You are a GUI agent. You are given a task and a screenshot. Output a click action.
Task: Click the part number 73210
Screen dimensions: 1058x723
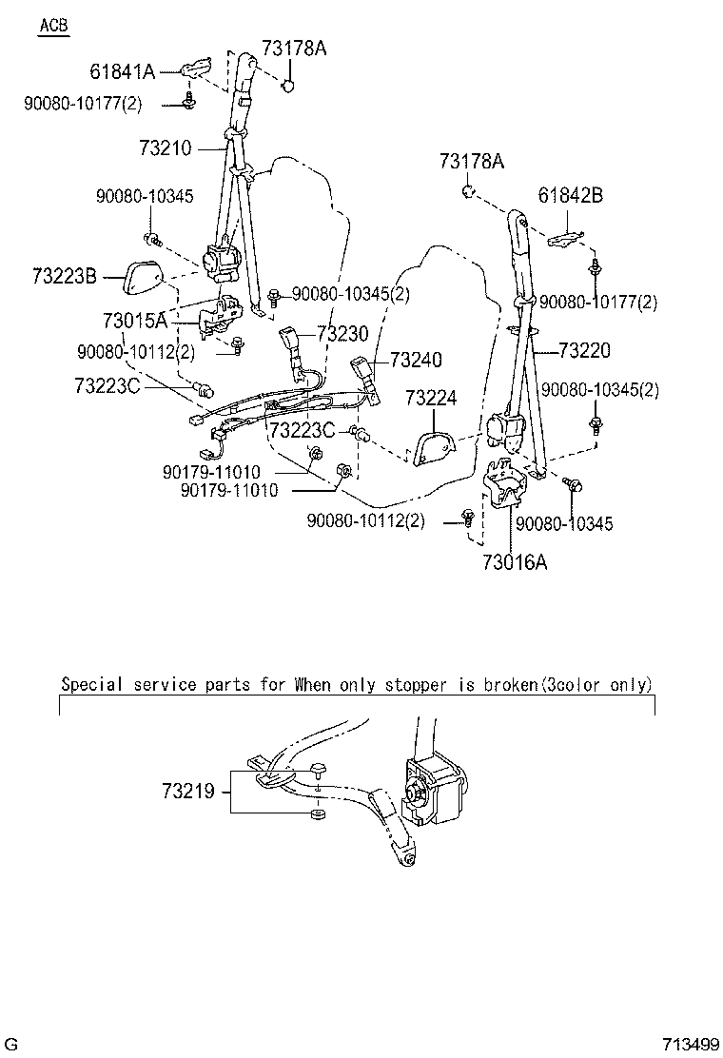click(x=166, y=149)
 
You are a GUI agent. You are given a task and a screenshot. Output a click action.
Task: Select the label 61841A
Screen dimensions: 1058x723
click(x=122, y=71)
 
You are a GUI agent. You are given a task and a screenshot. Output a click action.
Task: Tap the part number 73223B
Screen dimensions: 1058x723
click(x=64, y=276)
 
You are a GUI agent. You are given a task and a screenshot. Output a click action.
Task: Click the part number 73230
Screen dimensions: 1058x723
click(x=342, y=334)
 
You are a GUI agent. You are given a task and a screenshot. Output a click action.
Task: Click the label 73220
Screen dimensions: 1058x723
click(x=585, y=351)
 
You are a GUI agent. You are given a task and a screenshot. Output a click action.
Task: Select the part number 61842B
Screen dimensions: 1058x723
click(x=571, y=197)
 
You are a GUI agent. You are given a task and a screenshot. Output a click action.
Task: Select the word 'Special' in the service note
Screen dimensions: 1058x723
click(x=88, y=684)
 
